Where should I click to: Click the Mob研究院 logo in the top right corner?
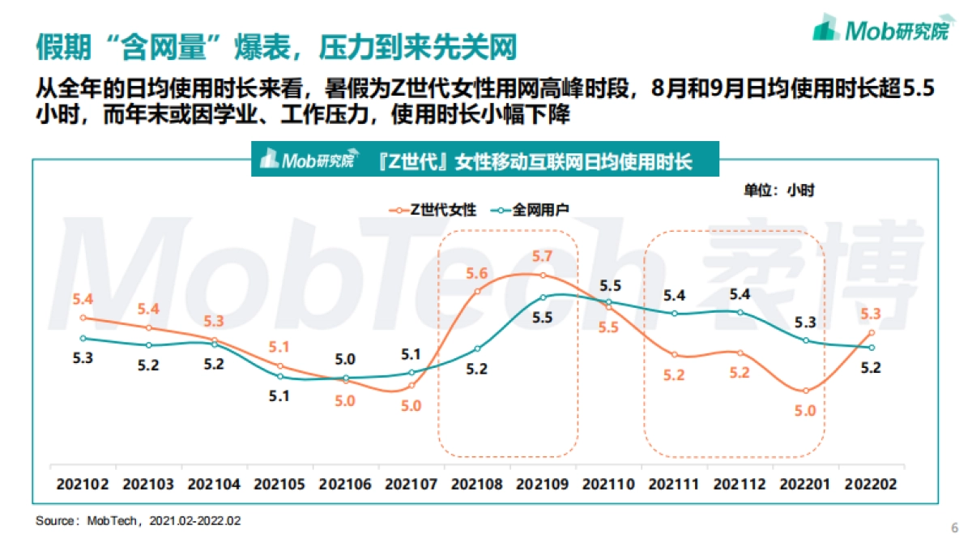(880, 30)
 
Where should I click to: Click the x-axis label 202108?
(477, 484)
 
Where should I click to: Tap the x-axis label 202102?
(83, 484)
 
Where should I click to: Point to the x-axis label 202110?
(608, 484)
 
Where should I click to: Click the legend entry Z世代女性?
(433, 210)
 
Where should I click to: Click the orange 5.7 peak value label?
(543, 256)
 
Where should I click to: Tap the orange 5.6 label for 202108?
(476, 273)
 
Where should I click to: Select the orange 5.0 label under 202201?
(805, 411)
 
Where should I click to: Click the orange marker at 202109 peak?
(543, 276)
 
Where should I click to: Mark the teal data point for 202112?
(740, 312)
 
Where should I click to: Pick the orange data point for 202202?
(871, 332)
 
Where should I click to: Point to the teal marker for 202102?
(83, 338)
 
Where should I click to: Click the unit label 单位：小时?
(779, 190)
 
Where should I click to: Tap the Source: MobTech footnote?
(138, 520)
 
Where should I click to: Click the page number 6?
(953, 528)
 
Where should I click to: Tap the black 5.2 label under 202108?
(476, 369)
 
